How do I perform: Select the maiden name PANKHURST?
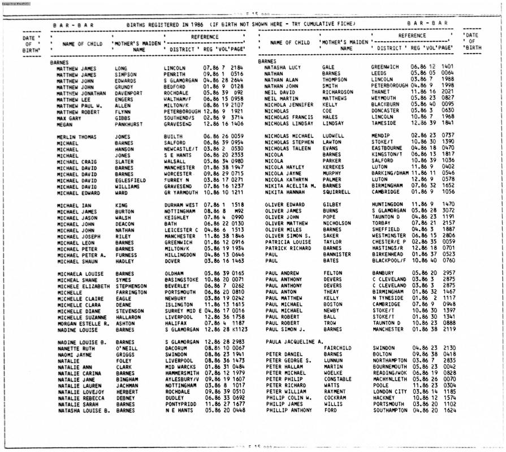[132, 125]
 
